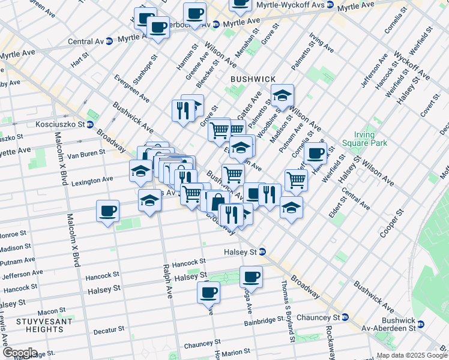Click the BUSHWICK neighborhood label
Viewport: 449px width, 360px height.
[253, 79]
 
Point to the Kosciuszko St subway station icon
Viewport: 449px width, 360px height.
[89, 125]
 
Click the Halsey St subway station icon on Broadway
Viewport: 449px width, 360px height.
[262, 252]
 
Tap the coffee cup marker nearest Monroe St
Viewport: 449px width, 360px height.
[108, 211]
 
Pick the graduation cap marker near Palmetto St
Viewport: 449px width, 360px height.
[282, 95]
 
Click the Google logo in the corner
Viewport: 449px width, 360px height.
[19, 353]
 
